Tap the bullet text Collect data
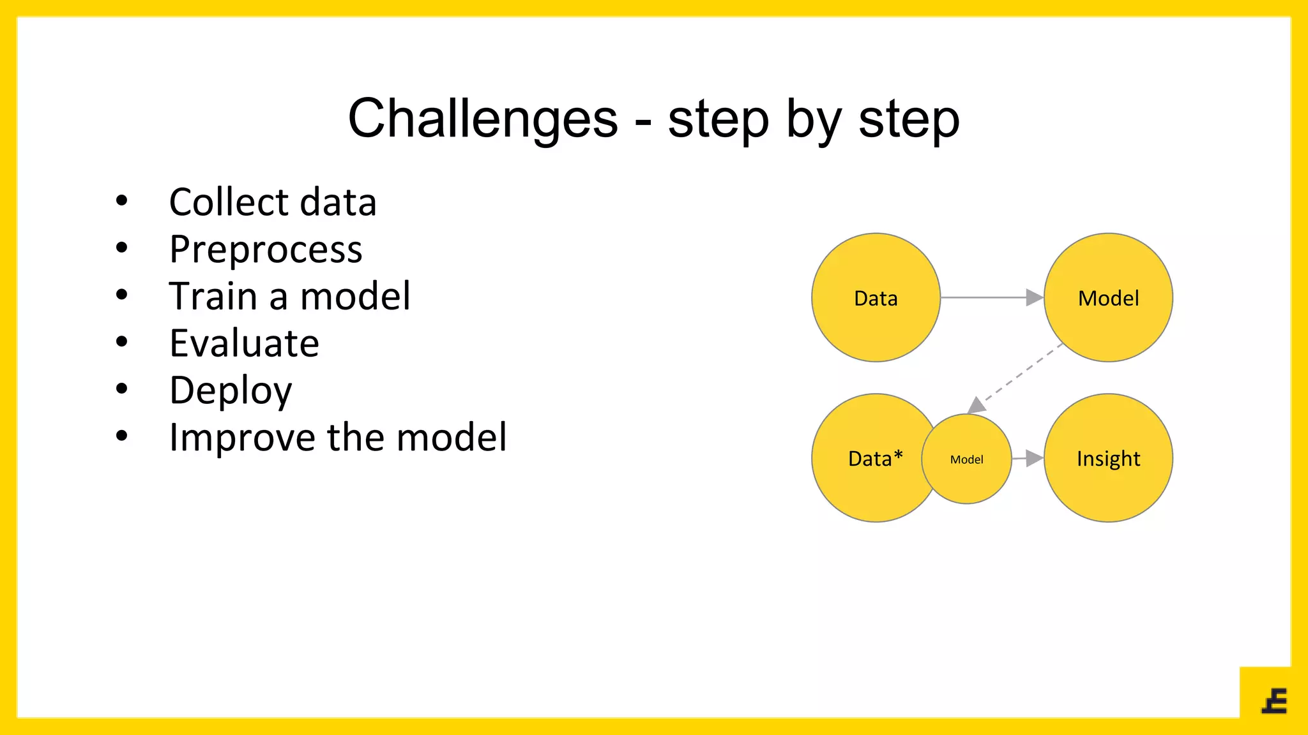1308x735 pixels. tap(273, 202)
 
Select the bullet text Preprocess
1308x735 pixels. tap(266, 249)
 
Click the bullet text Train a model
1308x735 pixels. tap(289, 296)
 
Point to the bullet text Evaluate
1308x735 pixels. tap(244, 343)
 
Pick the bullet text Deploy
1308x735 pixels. tap(231, 390)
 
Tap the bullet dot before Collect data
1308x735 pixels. tap(121, 201)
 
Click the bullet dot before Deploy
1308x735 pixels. tap(121, 389)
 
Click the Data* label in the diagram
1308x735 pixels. tap(875, 458)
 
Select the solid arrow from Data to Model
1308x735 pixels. tap(990, 297)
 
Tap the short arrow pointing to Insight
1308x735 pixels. tap(1028, 458)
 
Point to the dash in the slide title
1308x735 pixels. tap(643, 121)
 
